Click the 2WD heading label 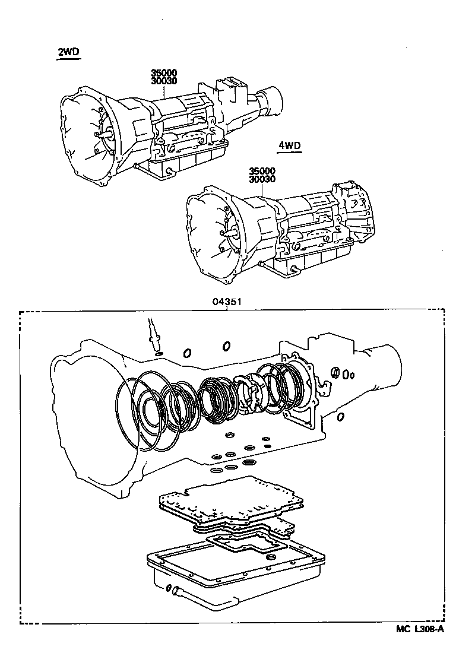click(x=68, y=52)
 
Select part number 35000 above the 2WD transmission click(x=164, y=73)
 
